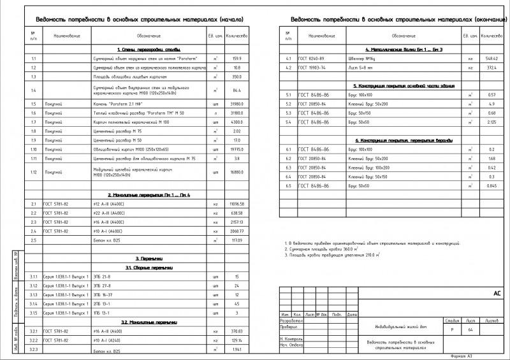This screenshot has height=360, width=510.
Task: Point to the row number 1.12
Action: click(x=33, y=172)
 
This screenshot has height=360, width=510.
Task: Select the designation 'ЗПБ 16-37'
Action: click(x=103, y=295)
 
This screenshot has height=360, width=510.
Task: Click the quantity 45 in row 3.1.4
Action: click(x=236, y=304)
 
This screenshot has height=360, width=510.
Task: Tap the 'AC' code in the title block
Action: click(x=497, y=294)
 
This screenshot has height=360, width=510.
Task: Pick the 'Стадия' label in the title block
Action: click(x=452, y=320)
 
